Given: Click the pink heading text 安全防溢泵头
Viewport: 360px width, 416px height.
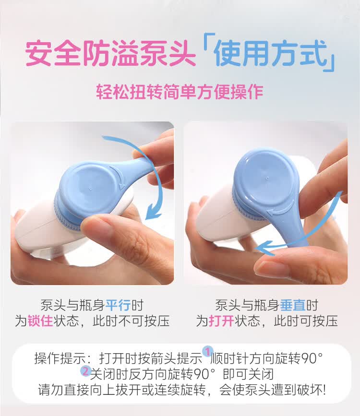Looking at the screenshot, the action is click(110, 53).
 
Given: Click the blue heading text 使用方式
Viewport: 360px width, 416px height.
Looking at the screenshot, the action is click(271, 53).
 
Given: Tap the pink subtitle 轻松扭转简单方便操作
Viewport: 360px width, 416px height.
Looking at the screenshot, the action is click(180, 92).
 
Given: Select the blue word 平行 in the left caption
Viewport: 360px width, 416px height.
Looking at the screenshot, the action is click(118, 305).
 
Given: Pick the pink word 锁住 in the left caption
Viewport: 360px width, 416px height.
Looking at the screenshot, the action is click(40, 321).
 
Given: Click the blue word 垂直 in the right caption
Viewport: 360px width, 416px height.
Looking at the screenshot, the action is click(293, 305).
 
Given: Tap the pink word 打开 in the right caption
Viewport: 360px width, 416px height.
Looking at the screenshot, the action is click(221, 321).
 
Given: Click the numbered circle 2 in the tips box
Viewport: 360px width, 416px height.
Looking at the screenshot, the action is click(85, 371).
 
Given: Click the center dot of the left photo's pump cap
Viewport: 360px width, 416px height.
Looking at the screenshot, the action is click(90, 189).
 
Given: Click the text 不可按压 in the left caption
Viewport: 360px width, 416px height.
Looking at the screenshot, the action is click(144, 321).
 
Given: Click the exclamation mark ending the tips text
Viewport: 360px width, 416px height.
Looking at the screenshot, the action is click(323, 390).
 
